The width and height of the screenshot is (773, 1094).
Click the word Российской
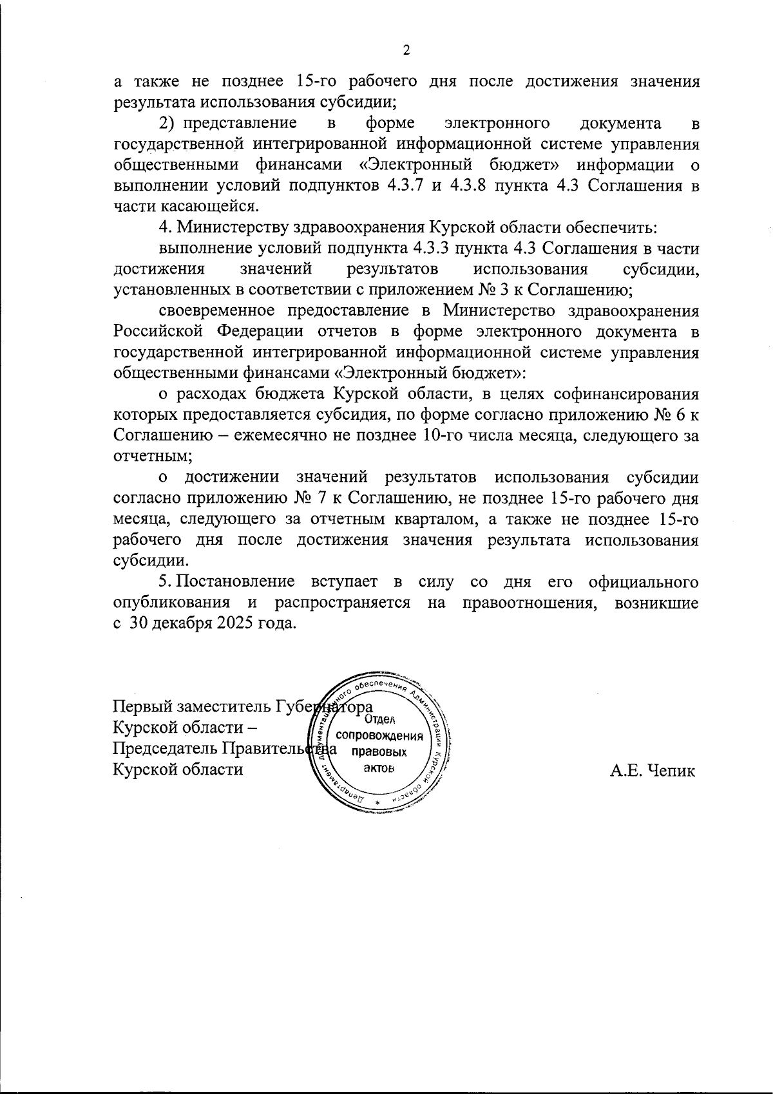point(159,332)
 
